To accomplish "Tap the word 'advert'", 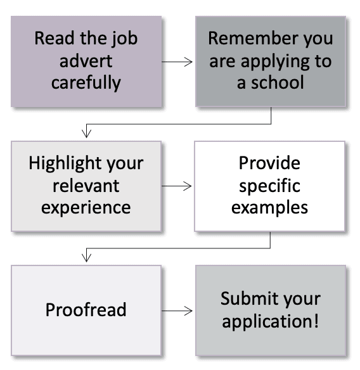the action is click(x=86, y=61).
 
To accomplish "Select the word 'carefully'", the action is click(x=86, y=83).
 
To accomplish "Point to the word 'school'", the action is click(x=278, y=82).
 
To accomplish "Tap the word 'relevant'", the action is click(x=86, y=186).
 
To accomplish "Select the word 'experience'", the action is click(x=86, y=208).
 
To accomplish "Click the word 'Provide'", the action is click(x=269, y=163).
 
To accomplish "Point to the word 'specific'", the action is click(x=269, y=186).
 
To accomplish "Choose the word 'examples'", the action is click(x=269, y=208).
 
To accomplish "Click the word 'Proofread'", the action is click(x=86, y=309).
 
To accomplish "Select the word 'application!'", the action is click(x=271, y=322).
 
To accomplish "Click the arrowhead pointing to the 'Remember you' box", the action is click(x=188, y=62).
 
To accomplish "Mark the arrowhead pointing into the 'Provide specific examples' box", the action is click(x=188, y=186).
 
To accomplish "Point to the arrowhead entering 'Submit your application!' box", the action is click(x=188, y=311).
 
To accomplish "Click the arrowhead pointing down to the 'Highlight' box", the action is click(x=86, y=134).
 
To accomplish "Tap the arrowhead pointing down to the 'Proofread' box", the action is click(x=86, y=258).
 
